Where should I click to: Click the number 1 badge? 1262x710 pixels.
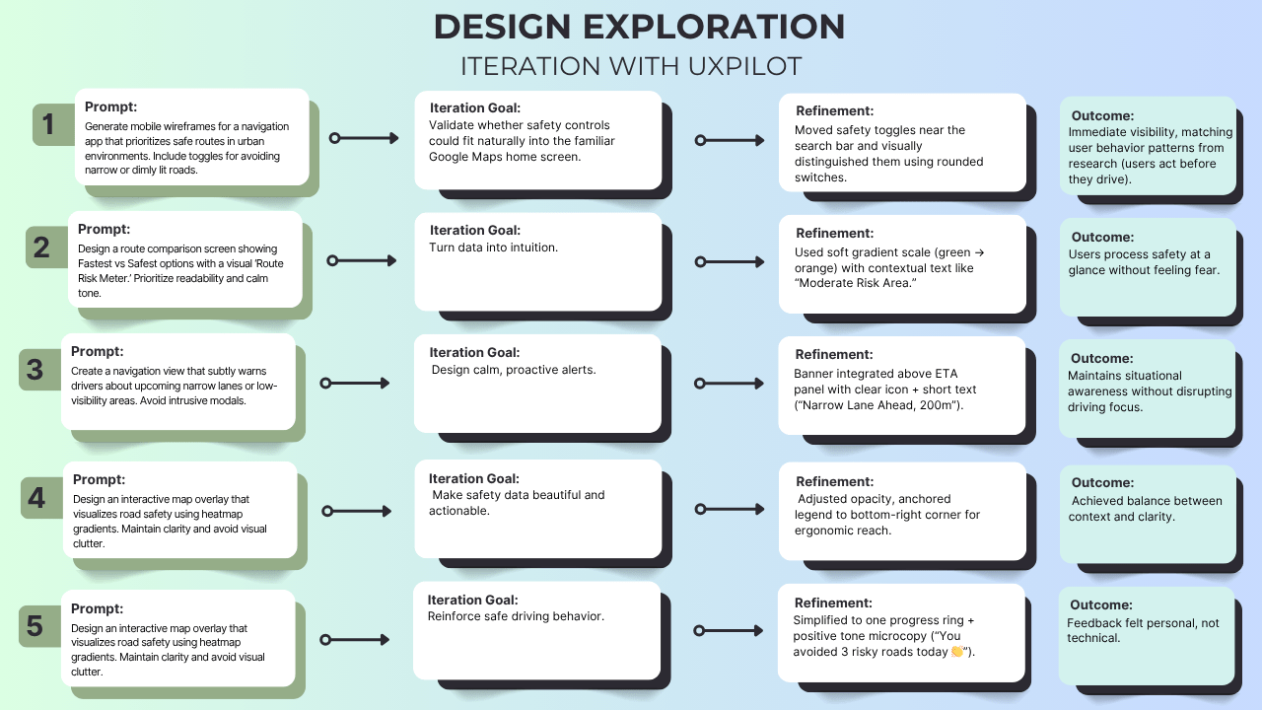tap(48, 125)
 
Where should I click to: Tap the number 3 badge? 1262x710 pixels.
tap(35, 370)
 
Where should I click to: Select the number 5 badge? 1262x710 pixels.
tap(35, 626)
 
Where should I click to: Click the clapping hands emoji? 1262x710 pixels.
tap(956, 652)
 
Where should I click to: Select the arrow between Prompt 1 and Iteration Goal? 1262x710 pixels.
tap(364, 139)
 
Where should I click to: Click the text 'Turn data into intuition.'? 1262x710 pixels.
tap(493, 248)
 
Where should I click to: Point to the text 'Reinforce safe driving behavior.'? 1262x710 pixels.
tap(516, 616)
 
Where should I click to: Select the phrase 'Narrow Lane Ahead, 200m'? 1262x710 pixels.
tap(874, 405)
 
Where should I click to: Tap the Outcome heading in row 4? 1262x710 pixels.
tap(1102, 483)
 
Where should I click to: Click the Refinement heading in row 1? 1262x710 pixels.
tap(834, 111)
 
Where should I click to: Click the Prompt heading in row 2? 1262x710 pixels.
tap(105, 229)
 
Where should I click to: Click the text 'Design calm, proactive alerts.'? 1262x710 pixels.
tap(514, 370)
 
